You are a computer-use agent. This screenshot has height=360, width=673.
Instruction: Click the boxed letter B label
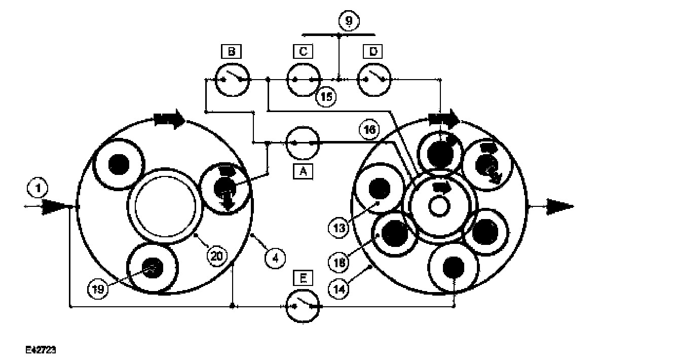pos(231,51)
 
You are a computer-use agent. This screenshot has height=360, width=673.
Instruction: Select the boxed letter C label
pos(303,51)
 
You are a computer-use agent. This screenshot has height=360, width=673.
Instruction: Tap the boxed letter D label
pos(373,51)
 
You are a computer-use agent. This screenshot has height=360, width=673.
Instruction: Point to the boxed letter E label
pos(303,278)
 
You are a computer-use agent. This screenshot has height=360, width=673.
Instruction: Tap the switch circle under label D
pos(375,80)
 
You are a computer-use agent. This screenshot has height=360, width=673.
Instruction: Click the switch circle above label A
pos(303,143)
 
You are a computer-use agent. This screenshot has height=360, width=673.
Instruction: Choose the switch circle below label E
pos(303,307)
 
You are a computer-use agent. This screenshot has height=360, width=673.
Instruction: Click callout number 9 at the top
pos(348,21)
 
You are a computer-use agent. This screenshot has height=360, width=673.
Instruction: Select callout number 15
pos(326,97)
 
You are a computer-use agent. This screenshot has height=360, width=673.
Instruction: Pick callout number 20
pos(217,256)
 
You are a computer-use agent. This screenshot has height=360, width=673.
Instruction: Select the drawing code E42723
pos(42,350)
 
